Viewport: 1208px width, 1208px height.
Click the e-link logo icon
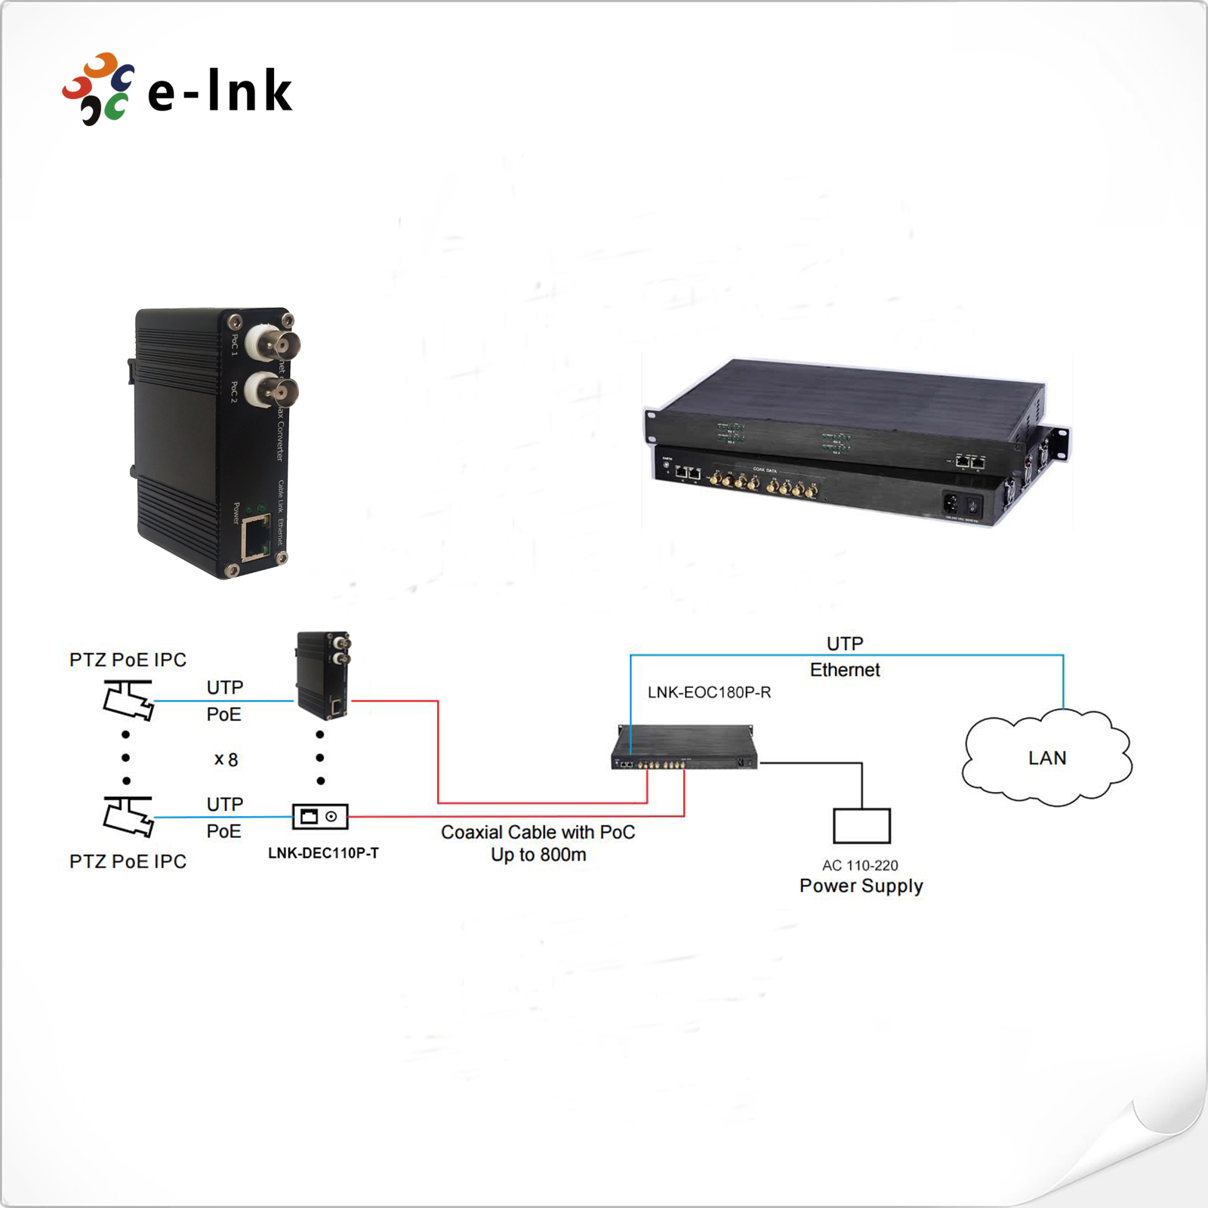coord(98,89)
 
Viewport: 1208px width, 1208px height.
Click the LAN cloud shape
coord(1047,757)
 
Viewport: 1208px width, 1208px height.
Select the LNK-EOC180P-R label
coord(709,692)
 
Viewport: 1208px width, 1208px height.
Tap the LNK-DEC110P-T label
coord(323,853)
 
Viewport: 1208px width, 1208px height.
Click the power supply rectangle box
coord(861,825)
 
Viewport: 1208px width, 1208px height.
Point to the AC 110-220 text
coord(860,865)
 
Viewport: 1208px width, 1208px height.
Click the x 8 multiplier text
coord(226,760)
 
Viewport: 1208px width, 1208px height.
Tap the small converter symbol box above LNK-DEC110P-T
coord(320,816)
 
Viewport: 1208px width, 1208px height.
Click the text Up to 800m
coord(538,855)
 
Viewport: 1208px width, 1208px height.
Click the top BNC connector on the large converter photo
coord(273,344)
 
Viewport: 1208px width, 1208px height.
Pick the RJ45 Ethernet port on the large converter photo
coord(256,537)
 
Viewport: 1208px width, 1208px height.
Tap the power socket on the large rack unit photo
coord(953,502)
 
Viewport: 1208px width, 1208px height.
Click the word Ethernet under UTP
coord(845,670)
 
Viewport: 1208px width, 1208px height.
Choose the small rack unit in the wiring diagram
coord(684,747)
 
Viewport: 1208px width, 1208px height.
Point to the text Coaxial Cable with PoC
coord(538,832)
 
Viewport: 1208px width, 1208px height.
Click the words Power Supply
coord(861,886)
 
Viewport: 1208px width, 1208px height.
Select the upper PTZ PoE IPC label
coord(128,660)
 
